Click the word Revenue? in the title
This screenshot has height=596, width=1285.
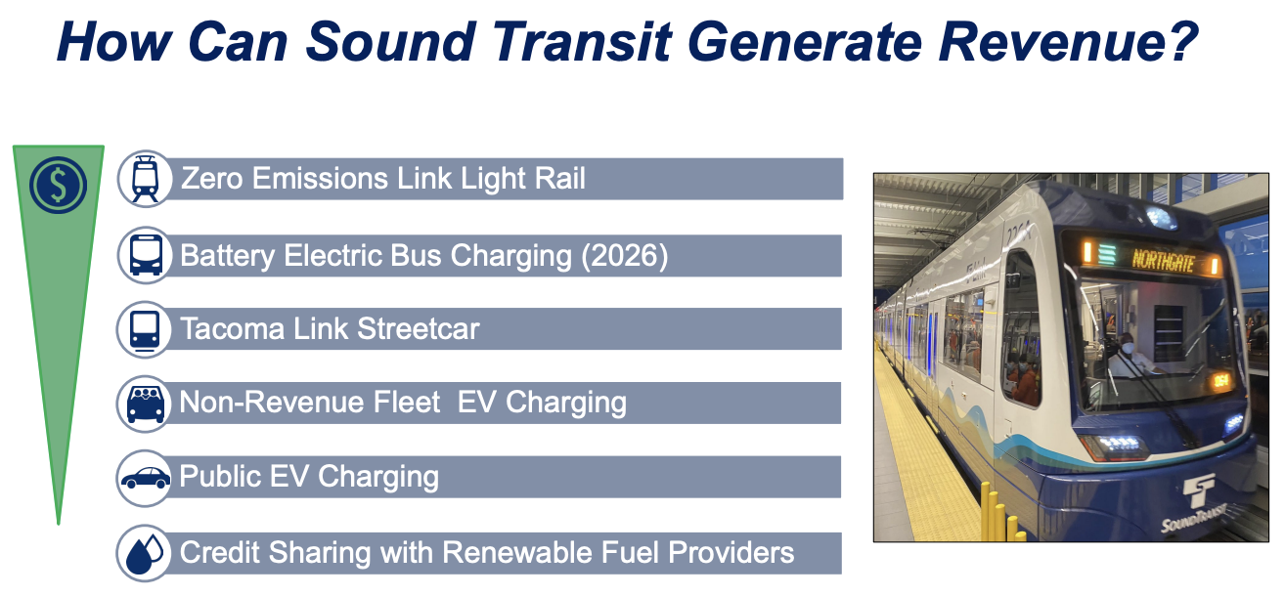(x=1068, y=41)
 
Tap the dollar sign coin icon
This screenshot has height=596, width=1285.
(x=58, y=185)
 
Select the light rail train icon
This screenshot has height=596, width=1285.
(x=145, y=179)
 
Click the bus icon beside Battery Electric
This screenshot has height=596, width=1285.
(x=146, y=256)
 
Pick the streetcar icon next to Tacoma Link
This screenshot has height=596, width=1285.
(x=145, y=329)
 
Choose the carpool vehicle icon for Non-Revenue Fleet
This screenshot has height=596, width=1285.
(x=145, y=404)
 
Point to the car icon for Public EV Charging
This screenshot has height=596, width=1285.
(x=145, y=478)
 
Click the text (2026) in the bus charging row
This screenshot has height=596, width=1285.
(x=625, y=256)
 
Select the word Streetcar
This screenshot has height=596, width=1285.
(x=419, y=329)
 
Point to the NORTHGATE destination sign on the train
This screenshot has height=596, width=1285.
(x=1163, y=261)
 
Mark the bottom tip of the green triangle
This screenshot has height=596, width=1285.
(x=59, y=523)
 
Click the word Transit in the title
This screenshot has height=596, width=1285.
(x=582, y=41)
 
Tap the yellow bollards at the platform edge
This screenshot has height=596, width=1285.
(x=1002, y=514)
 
